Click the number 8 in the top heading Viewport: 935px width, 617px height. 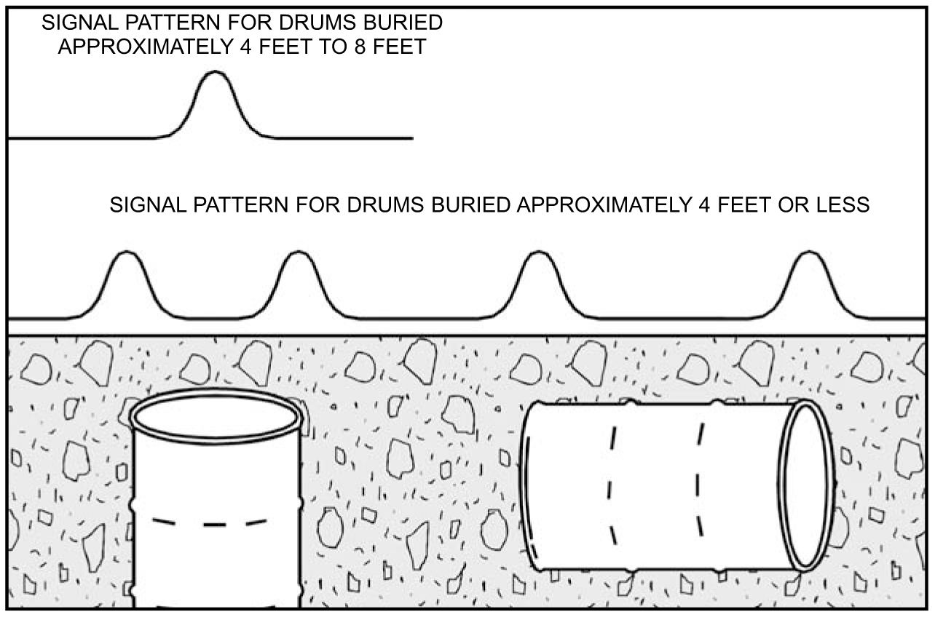coord(361,47)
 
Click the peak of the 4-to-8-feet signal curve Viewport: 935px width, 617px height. coord(215,72)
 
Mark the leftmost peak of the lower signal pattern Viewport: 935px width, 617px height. coord(127,252)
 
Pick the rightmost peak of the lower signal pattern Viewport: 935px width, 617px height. coord(809,252)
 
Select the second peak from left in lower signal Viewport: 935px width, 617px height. coord(298,252)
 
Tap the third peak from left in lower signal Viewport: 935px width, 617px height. coord(538,252)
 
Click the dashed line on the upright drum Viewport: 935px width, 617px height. coord(210,522)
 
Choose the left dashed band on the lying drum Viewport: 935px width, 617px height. coord(611,485)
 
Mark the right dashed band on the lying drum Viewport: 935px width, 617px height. coord(699,479)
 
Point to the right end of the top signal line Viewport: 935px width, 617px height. coord(413,138)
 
